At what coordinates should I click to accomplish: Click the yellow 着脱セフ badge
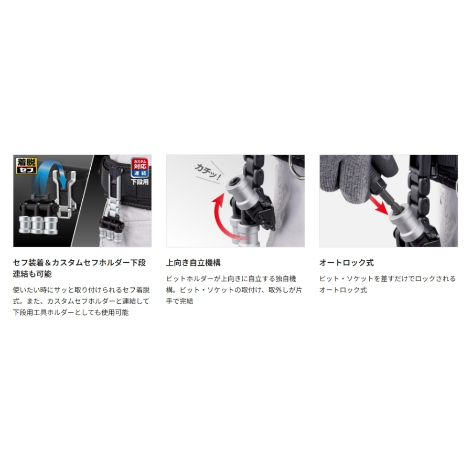(27, 165)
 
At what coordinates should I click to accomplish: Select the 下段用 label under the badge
(140, 182)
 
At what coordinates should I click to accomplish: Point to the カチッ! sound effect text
(208, 172)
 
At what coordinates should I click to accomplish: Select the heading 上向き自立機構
(193, 263)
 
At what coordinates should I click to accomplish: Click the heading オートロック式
(347, 263)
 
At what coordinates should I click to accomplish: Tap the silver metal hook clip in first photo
(65, 193)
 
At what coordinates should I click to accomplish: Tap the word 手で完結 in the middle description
(180, 301)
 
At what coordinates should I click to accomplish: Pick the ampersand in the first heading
(48, 263)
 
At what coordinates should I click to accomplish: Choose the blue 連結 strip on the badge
(140, 173)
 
